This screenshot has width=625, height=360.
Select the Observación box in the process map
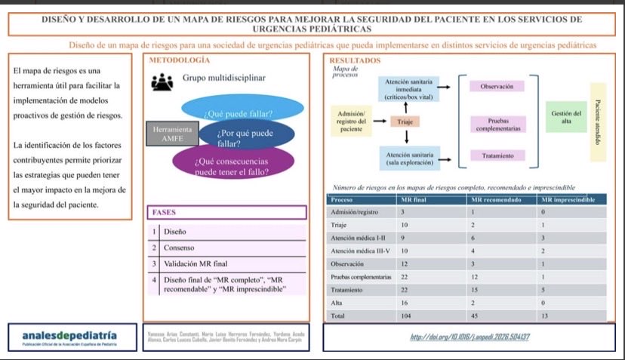point(497,86)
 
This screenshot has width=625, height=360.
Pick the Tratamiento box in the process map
point(497,155)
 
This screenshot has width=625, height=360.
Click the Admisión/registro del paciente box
point(351,122)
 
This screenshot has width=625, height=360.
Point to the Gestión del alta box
point(566,118)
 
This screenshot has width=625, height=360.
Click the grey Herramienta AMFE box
point(172,134)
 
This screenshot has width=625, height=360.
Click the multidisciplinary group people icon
point(162,82)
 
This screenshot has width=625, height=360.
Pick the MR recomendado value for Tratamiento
point(474,290)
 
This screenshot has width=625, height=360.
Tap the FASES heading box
point(226,212)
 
